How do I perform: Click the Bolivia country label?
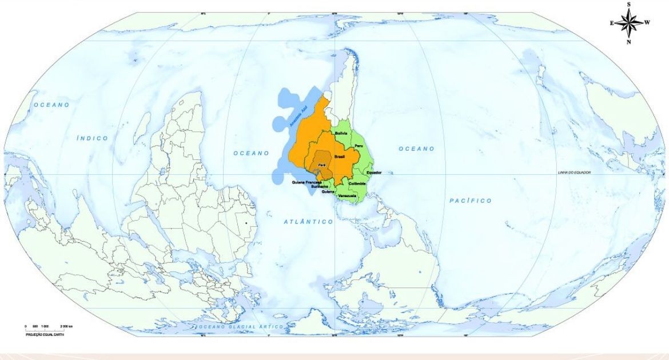(341, 133)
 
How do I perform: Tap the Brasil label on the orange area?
(339, 156)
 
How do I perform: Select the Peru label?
(359, 147)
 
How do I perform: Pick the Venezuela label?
(347, 196)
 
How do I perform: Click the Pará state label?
(321, 165)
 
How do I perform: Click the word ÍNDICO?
(92, 138)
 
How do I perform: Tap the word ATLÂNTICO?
(308, 221)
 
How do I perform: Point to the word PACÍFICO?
(470, 201)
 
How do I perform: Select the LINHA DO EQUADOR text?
(574, 172)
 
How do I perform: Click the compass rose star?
(629, 23)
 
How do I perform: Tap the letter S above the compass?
(629, 5)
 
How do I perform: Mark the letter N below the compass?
(629, 42)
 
